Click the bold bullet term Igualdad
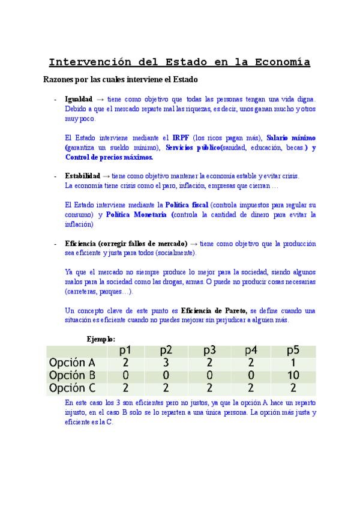point(79,98)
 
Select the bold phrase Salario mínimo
point(291,137)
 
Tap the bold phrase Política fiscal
point(187,205)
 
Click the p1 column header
point(125,351)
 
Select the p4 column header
point(251,351)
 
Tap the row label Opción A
point(71,363)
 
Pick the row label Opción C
point(71,388)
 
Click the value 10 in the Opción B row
point(293,375)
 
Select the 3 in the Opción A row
point(167,363)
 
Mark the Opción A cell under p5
point(293,363)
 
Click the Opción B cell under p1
point(125,375)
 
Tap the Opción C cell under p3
point(209,388)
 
